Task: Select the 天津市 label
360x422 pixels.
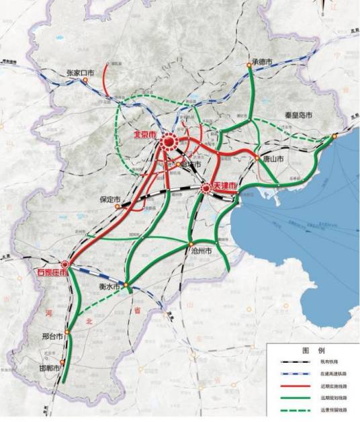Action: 224,185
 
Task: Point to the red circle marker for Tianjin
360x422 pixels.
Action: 206,189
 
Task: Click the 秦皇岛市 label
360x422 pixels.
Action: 296,116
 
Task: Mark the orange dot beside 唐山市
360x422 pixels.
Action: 257,158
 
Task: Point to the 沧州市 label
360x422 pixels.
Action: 200,251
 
